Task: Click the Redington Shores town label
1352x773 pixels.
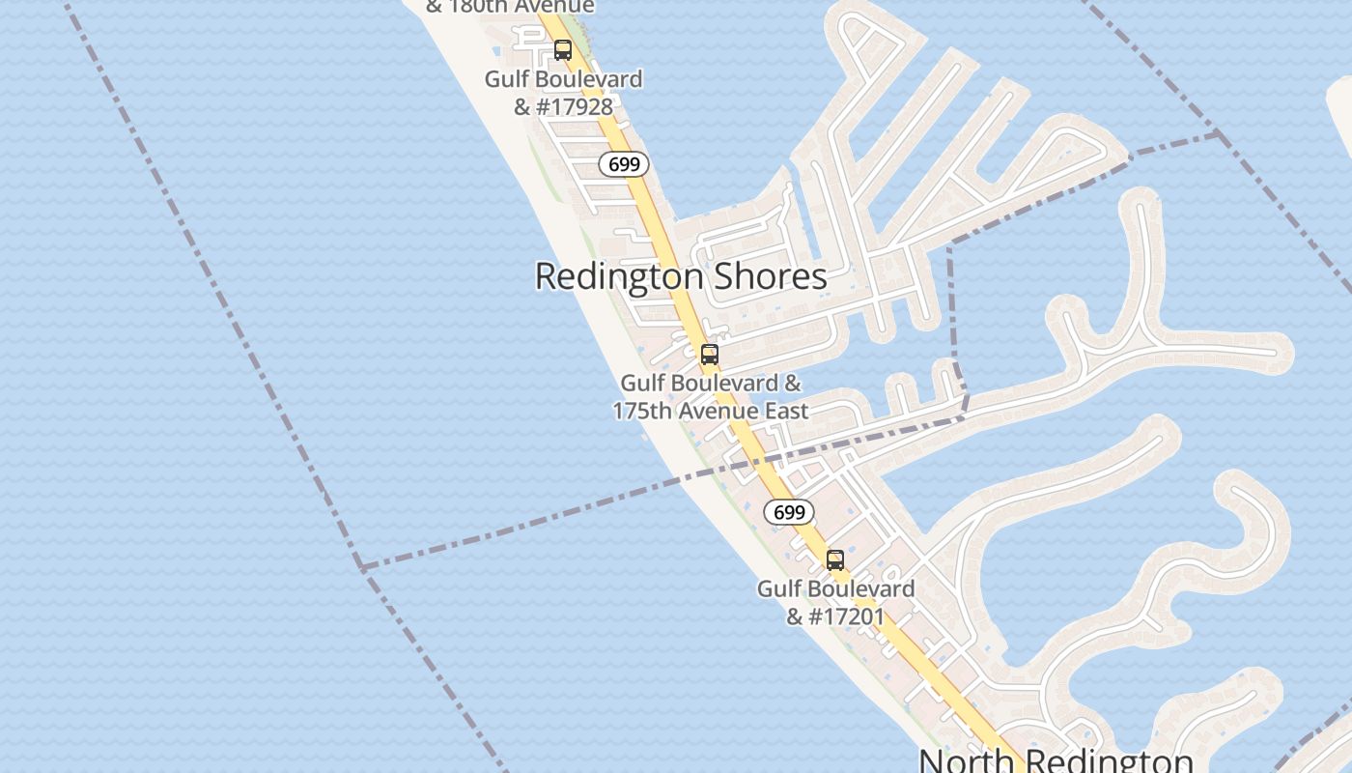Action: point(681,276)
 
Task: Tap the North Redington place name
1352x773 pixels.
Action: point(1056,760)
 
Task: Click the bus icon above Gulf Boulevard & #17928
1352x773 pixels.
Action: point(563,50)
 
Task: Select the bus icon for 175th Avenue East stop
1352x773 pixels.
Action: point(710,355)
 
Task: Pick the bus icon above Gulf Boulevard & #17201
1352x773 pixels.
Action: point(835,560)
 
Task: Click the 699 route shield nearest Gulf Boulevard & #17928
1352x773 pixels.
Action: point(624,164)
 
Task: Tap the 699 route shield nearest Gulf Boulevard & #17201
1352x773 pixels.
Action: point(789,512)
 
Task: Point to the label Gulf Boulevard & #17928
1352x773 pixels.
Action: point(563,93)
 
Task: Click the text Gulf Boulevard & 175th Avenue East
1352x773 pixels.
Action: point(710,397)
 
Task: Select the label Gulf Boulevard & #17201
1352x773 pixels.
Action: point(835,602)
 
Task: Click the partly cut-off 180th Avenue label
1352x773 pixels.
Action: point(510,7)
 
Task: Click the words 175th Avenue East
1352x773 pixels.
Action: point(710,412)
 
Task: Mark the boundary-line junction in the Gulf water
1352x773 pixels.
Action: point(361,567)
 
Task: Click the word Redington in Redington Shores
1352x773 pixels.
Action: point(619,276)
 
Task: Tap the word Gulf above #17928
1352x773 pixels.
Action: point(508,79)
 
